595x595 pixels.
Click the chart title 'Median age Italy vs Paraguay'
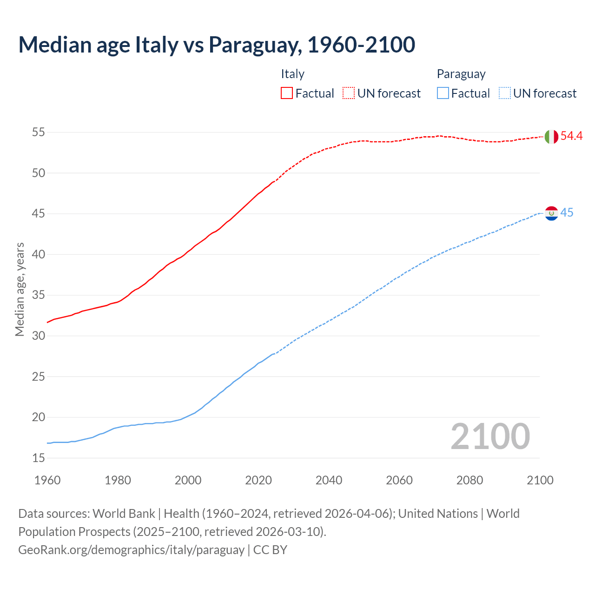point(217,45)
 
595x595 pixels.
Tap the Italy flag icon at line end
point(551,137)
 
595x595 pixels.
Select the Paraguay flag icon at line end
point(551,213)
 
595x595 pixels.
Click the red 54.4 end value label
point(571,136)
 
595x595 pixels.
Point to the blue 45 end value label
point(567,213)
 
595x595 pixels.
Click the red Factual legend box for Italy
point(287,93)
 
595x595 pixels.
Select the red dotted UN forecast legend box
point(349,93)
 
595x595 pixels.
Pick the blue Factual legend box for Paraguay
point(443,93)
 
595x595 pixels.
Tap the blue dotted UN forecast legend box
point(505,93)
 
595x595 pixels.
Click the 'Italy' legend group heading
point(292,74)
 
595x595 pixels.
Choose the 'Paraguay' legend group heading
point(461,74)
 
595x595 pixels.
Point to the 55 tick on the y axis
point(39,132)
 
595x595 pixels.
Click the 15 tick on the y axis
point(39,458)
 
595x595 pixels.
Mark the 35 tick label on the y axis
point(39,295)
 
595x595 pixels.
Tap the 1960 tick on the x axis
point(47,480)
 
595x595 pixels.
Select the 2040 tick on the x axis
point(329,480)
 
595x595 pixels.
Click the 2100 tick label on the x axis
point(540,480)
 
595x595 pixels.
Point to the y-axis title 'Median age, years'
point(20,289)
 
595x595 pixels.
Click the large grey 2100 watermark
point(490,436)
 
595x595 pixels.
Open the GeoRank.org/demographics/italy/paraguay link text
point(131,550)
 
